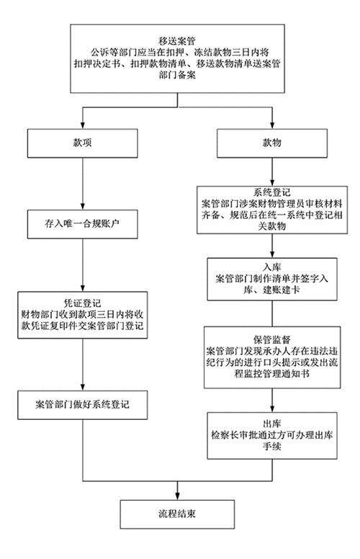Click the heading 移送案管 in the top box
click(177, 41)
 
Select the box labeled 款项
click(83, 143)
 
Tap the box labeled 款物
click(272, 143)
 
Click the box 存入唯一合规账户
click(83, 224)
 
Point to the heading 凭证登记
click(82, 303)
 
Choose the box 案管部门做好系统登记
click(83, 405)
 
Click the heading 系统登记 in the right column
click(272, 193)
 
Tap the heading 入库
click(272, 267)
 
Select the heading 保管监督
click(272, 339)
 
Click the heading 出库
click(272, 424)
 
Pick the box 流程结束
click(177, 514)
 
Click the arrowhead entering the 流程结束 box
click(177, 496)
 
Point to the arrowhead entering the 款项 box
click(83, 125)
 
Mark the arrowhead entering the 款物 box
click(272, 125)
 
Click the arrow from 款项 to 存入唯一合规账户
click(83, 184)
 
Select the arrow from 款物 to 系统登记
click(272, 172)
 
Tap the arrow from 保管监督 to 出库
click(272, 401)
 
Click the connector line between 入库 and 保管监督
click(272, 313)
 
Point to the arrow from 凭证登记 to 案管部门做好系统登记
click(83, 365)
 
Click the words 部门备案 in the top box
click(177, 75)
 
